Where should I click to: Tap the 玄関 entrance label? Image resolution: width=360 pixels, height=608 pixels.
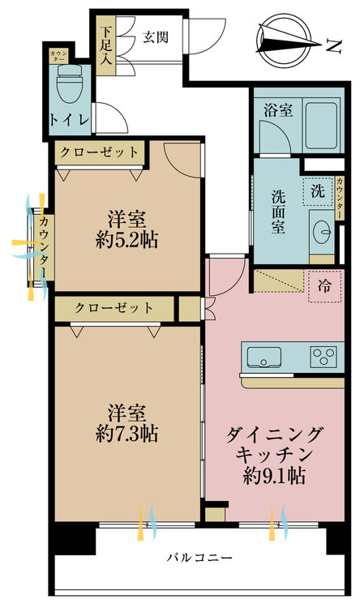(156, 37)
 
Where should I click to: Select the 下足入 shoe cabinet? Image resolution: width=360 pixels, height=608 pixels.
(105, 45)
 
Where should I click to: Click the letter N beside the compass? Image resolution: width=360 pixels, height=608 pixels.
(333, 45)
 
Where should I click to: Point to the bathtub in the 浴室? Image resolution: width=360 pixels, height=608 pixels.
(321, 126)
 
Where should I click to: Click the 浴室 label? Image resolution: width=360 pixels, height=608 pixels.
(278, 110)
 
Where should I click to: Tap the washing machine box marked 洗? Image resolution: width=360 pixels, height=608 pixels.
(318, 191)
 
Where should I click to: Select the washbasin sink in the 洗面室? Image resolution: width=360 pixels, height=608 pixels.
(322, 232)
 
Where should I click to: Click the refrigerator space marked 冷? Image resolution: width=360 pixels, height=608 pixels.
(324, 286)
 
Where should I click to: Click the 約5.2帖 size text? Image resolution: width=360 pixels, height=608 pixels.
(126, 241)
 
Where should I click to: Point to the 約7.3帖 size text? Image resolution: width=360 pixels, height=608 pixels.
(126, 434)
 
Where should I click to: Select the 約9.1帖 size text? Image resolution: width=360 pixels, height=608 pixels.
(274, 476)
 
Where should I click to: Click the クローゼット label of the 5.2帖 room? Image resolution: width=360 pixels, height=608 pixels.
(99, 152)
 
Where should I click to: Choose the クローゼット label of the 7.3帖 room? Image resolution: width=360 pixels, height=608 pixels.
(114, 308)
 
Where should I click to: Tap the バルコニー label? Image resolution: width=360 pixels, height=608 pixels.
(199, 558)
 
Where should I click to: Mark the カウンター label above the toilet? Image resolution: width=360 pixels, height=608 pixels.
(58, 56)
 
